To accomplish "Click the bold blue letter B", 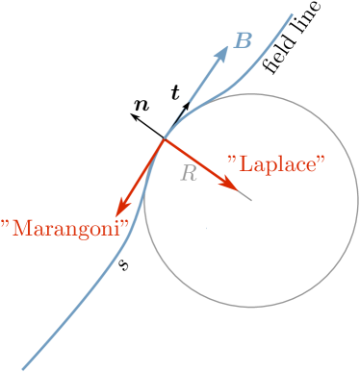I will [x=244, y=40].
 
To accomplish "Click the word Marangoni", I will [x=65, y=228].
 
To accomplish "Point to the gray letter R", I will [x=189, y=173].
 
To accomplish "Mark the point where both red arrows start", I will [x=165, y=140].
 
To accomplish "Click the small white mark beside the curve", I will [x=154, y=122].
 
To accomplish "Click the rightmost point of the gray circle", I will [x=357, y=201].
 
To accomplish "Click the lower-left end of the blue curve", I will [x=24, y=368].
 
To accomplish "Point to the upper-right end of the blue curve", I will [x=293, y=13].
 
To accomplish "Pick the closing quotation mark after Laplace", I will [x=321, y=157].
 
